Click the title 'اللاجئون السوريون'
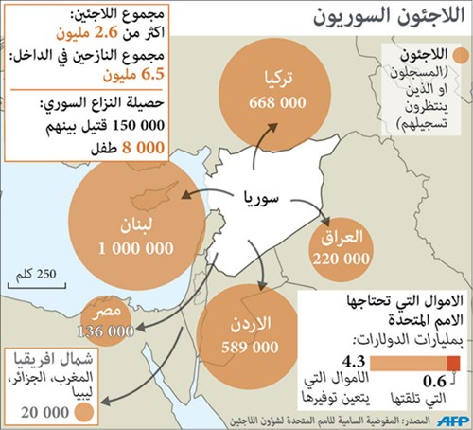click(x=381, y=18)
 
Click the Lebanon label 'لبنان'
click(x=136, y=224)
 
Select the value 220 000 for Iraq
click(x=342, y=257)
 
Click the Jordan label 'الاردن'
click(x=251, y=324)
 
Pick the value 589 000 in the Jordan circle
click(x=250, y=347)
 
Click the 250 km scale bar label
click(x=39, y=272)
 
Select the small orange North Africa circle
click(x=83, y=412)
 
